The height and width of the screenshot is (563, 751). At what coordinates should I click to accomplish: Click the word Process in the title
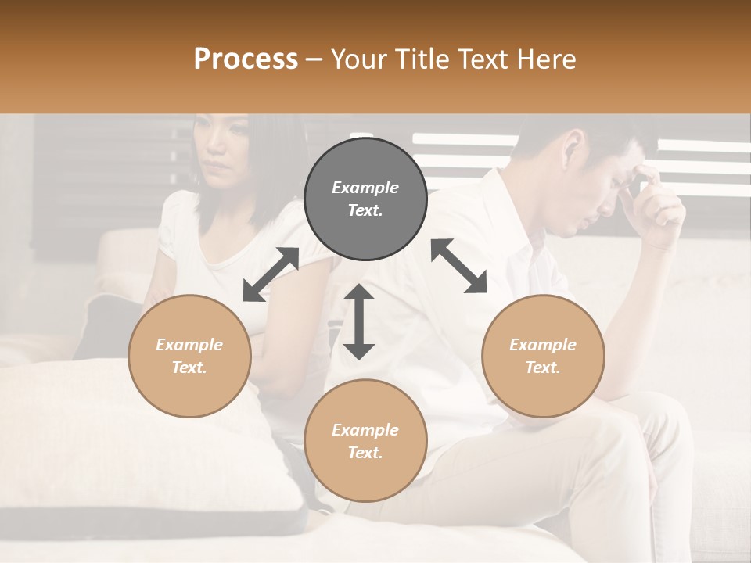click(246, 59)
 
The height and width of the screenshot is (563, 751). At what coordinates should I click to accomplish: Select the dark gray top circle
click(365, 199)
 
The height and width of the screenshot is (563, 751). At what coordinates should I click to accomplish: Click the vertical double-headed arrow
click(359, 321)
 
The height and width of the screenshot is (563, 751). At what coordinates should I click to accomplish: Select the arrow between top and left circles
click(271, 274)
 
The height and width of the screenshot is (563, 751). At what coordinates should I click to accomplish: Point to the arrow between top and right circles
click(458, 266)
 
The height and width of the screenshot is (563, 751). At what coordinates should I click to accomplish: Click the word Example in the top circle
click(365, 188)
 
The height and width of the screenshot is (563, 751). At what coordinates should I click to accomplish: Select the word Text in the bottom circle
click(365, 453)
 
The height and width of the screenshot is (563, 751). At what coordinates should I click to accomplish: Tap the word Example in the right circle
click(543, 345)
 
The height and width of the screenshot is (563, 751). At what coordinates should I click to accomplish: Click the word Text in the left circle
click(189, 368)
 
